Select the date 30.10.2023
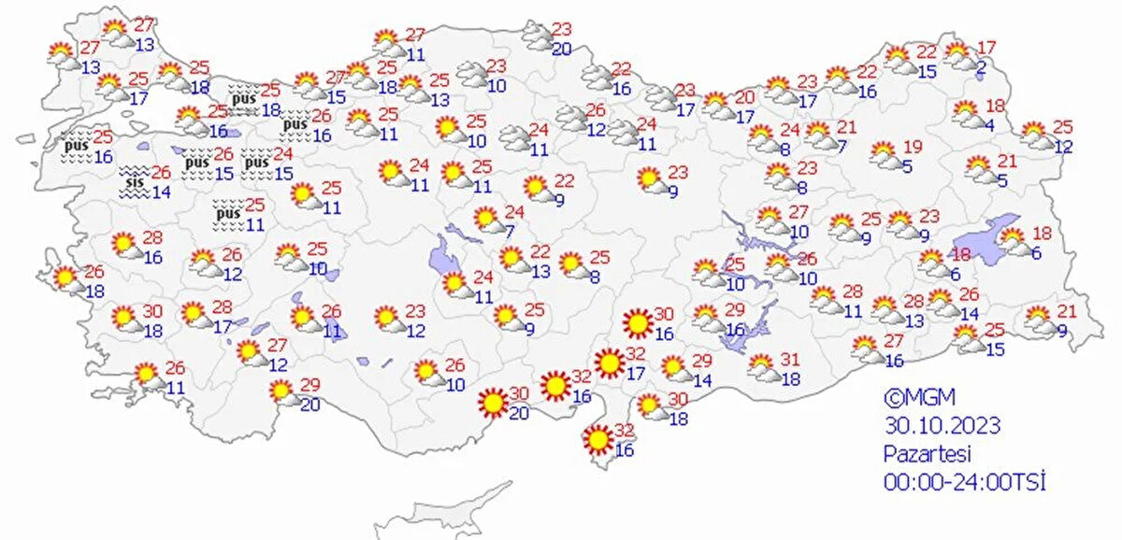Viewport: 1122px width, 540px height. (x=942, y=426)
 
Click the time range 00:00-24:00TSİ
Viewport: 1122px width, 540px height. (x=963, y=482)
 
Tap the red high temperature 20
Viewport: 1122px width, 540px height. (x=744, y=97)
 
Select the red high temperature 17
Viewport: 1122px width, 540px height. (x=986, y=48)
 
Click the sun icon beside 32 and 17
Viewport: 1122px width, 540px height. (x=609, y=362)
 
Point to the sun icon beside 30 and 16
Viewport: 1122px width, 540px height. (x=638, y=323)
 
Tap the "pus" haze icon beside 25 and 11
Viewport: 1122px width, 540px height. (x=227, y=214)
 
